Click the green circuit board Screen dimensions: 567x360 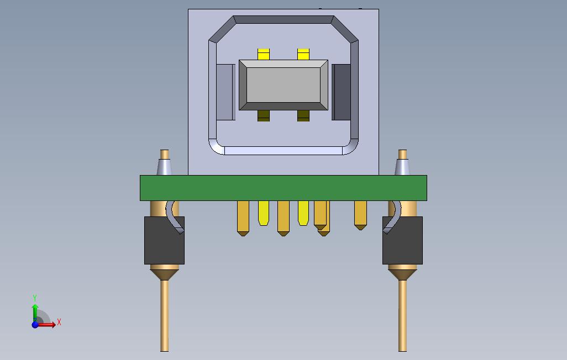tap(283, 188)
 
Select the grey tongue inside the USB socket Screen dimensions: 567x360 tap(283, 85)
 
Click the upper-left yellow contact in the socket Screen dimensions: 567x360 tap(264, 54)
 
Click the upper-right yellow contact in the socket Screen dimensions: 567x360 tap(303, 54)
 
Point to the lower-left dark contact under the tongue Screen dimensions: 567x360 tap(264, 115)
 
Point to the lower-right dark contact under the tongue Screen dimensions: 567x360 tap(303, 115)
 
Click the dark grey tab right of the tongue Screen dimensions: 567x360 tap(342, 92)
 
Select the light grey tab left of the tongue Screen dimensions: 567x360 tap(225, 92)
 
